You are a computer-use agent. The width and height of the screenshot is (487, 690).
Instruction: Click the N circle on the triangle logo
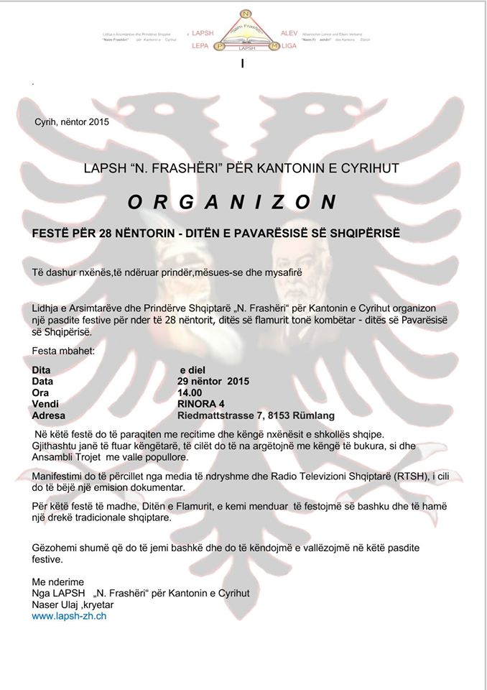tap(244, 13)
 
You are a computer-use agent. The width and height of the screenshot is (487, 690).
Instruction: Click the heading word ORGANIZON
tap(232, 203)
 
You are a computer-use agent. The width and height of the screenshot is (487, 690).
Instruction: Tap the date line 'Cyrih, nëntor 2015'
tap(72, 122)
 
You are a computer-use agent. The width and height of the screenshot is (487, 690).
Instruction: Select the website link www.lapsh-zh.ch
tap(69, 617)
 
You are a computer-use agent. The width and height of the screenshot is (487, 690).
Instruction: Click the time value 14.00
tap(190, 393)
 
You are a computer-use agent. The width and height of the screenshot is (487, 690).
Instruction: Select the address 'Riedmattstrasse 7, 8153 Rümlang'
tap(256, 415)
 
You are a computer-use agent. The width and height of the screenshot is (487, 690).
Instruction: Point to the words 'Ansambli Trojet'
tap(68, 457)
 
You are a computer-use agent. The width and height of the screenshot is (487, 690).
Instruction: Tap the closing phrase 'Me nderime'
tap(58, 582)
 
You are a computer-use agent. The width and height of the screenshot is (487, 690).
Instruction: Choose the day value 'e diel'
tap(193, 370)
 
